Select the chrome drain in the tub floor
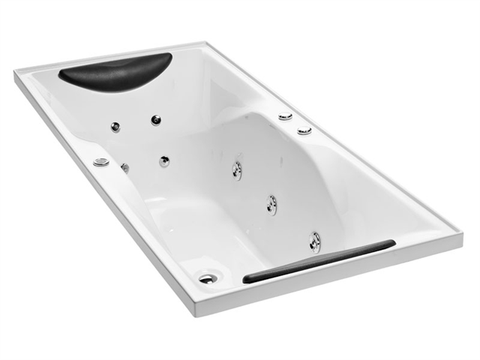pyautogui.click(x=208, y=277)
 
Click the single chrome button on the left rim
pyautogui.click(x=100, y=162)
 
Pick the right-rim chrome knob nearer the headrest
pyautogui.click(x=285, y=117)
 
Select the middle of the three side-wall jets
pyautogui.click(x=271, y=203)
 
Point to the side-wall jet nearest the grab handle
pyautogui.click(x=315, y=241)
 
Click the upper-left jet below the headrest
pyautogui.click(x=115, y=127)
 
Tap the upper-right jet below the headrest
pyautogui.click(x=156, y=119)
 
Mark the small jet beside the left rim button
pyautogui.click(x=124, y=168)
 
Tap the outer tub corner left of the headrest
pyautogui.click(x=14, y=73)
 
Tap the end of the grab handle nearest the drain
pyautogui.click(x=245, y=279)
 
